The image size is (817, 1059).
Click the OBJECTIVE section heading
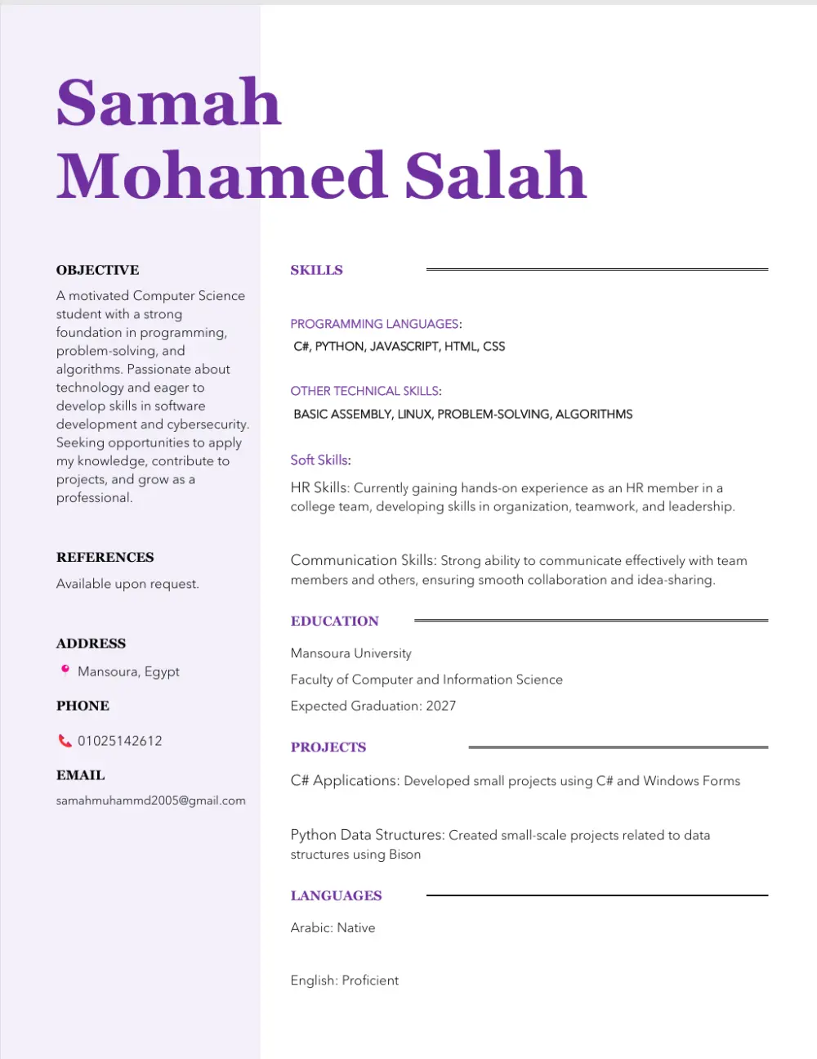[97, 270]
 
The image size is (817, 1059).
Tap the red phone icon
[65, 741]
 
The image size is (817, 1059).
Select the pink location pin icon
[65, 671]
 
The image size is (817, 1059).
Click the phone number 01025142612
[120, 741]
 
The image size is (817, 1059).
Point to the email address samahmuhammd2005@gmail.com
[150, 801]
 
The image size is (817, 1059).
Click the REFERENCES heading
[105, 557]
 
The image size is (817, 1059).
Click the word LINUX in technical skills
[414, 414]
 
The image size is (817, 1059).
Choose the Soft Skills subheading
[320, 460]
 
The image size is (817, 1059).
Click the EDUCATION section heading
[334, 621]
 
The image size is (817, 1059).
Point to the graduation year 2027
[441, 706]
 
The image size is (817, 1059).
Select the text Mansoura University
[350, 653]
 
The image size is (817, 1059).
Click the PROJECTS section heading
[328, 747]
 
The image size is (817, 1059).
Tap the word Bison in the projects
[404, 855]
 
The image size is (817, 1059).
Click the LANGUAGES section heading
[336, 895]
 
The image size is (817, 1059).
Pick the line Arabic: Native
[333, 927]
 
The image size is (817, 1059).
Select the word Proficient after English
[370, 980]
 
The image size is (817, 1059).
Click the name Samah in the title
[168, 103]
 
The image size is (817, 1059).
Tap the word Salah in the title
[496, 176]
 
